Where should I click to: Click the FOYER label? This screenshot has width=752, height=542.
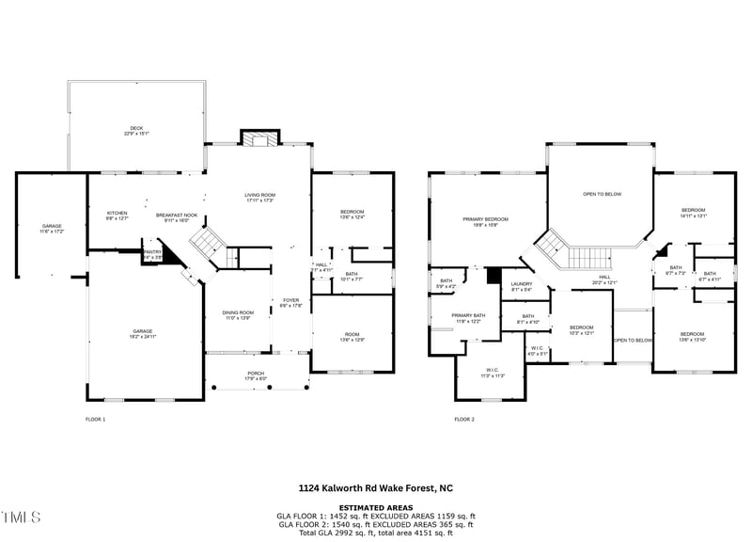point(290,302)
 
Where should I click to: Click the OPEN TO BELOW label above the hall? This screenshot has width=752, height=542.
point(602,195)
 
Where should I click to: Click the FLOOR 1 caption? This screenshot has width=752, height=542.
point(95,419)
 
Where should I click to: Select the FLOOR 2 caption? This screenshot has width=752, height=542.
point(464,419)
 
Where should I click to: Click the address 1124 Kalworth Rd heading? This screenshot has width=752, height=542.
point(375,488)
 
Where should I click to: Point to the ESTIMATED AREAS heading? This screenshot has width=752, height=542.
point(375,507)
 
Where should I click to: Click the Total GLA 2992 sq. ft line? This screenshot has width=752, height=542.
point(375,534)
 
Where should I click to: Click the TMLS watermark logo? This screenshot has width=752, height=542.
point(23,518)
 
